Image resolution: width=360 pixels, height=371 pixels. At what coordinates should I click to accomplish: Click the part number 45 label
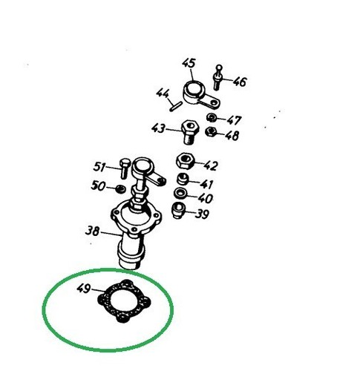188,64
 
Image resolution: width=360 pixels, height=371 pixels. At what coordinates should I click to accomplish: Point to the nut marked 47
212,119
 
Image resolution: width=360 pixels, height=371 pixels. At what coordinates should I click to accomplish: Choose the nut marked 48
211,134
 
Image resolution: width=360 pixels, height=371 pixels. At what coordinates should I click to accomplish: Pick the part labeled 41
182,181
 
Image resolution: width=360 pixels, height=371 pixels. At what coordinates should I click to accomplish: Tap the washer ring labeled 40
181,197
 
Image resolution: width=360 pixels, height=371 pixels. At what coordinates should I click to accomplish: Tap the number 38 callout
93,231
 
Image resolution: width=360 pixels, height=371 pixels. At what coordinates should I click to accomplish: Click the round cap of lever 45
194,93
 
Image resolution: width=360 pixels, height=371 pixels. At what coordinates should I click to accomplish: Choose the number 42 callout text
211,166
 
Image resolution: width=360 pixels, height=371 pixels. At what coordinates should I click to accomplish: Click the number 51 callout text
99,166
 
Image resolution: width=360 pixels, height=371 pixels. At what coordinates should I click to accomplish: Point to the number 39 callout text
202,214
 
